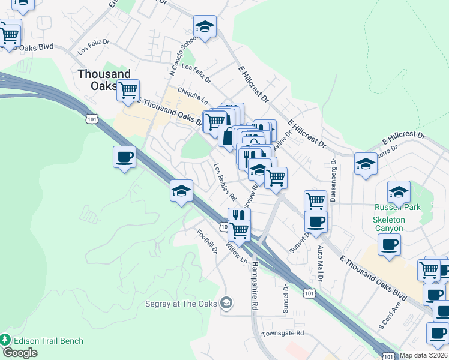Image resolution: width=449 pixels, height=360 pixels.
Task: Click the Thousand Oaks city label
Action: click(104, 79)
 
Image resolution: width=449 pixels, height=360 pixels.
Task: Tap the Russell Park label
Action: click(398, 207)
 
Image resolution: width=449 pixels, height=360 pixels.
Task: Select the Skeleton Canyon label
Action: click(390, 224)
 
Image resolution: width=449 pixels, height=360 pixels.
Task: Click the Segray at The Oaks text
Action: click(180, 304)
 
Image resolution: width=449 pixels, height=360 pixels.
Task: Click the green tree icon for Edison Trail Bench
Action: click(6, 340)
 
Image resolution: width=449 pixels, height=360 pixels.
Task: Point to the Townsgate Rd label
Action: click(283, 332)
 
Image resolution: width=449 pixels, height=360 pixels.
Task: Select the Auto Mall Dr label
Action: click(320, 264)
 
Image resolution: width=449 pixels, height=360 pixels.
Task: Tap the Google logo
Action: click(20, 353)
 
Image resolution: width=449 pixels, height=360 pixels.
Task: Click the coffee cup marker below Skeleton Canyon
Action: click(389, 244)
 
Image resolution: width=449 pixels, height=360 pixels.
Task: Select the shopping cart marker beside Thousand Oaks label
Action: click(128, 90)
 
